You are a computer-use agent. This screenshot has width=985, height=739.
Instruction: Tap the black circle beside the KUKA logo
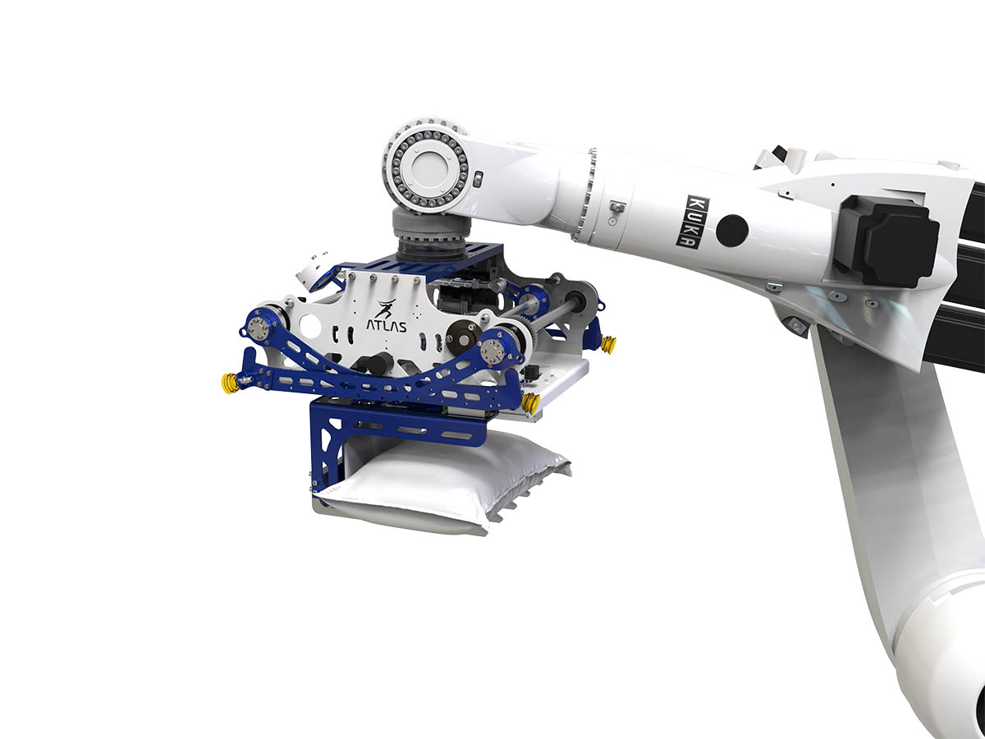pos(732,231)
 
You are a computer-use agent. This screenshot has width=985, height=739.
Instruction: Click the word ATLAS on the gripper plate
pos(387,326)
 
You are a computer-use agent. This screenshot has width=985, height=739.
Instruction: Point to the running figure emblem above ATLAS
pos(386,309)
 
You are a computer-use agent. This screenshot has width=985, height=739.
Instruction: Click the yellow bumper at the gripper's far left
pos(230,383)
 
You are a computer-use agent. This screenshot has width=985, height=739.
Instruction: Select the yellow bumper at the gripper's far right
pos(608,345)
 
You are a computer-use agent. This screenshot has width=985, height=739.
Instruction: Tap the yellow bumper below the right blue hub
pos(530,403)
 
